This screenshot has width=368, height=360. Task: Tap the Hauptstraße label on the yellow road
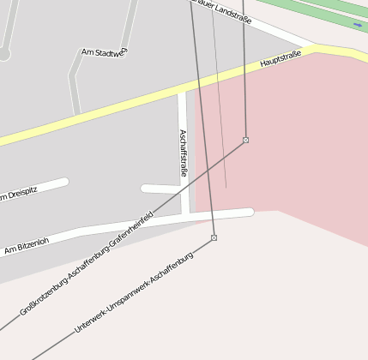click(281, 60)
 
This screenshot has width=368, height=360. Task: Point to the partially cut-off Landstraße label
click(222, 11)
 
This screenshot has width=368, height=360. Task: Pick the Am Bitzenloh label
click(27, 245)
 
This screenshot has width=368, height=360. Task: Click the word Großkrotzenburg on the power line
click(43, 297)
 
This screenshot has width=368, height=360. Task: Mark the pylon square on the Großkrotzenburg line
click(245, 140)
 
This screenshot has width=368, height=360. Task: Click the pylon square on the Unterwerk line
click(214, 237)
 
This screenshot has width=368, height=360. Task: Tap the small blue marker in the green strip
click(357, 26)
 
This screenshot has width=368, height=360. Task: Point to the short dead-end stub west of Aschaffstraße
click(159, 189)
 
